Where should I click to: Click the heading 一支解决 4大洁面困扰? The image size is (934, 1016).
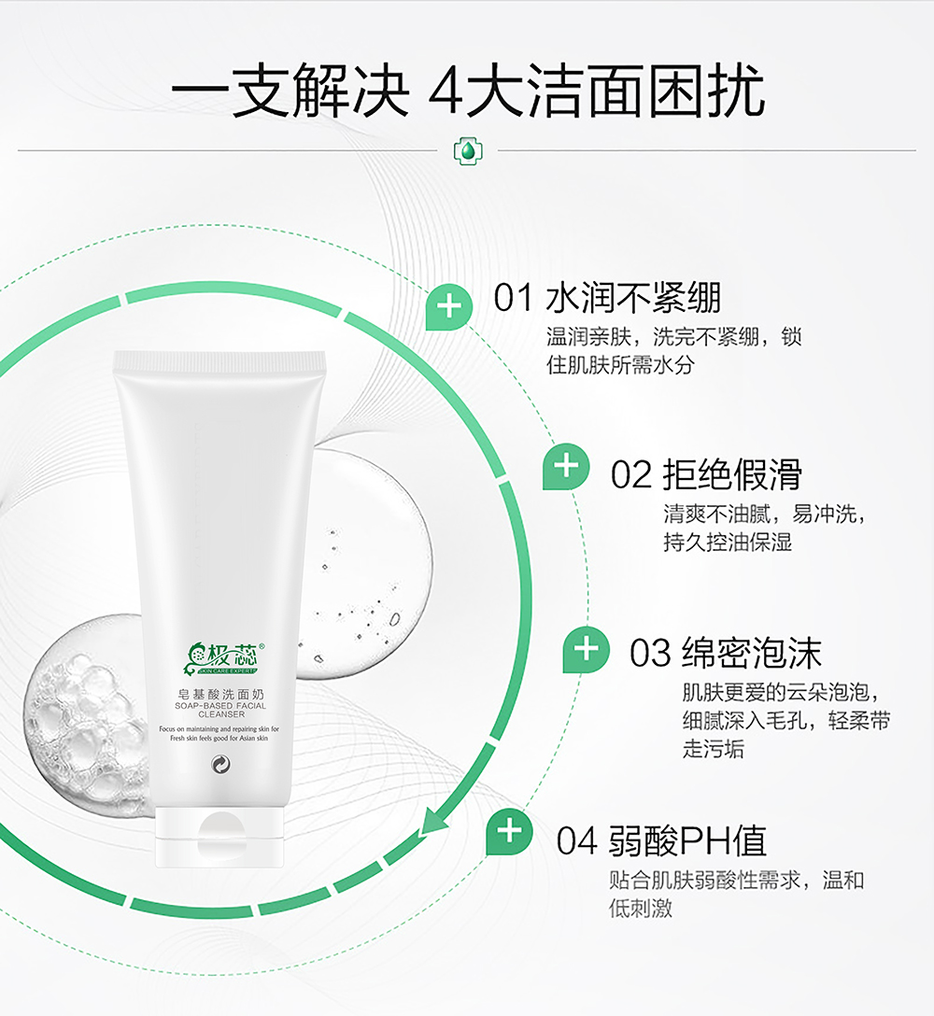467,92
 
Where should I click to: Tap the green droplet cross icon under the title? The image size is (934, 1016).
466,149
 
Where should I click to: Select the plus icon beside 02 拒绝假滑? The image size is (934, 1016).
566,465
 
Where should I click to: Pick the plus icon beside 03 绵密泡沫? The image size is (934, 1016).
586,649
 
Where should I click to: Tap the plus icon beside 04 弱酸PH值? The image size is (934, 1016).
508,830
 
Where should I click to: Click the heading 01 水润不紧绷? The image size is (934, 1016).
607,299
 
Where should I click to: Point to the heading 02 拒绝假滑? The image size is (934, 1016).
706,474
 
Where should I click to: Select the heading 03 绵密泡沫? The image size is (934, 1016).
725,653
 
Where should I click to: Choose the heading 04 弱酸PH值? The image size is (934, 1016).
661,840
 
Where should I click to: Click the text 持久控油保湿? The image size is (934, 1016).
728,542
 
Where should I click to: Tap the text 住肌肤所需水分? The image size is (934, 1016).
620,364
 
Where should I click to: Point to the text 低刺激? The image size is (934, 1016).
641,908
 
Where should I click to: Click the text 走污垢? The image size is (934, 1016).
714,749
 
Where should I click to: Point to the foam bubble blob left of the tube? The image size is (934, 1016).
84,710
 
